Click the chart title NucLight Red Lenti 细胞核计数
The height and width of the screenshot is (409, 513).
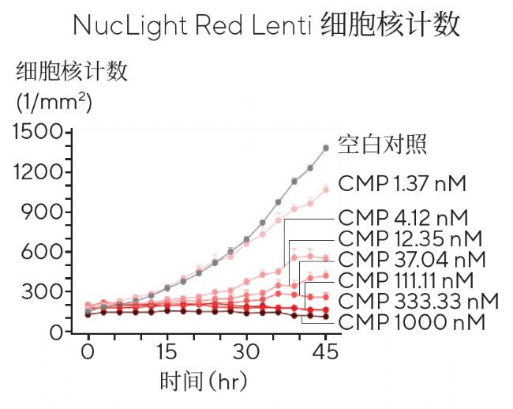point(266,25)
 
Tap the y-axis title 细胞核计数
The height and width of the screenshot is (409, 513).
point(72,73)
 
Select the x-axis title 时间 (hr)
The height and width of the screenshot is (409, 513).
point(204,382)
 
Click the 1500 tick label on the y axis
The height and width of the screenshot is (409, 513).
point(39,132)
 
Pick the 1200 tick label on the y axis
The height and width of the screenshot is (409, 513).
point(39,172)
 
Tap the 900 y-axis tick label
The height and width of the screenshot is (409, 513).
point(45,212)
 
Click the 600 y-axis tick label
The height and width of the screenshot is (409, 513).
point(45,252)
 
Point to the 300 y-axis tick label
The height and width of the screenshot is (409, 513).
point(45,292)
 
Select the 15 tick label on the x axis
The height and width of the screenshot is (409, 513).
point(167,350)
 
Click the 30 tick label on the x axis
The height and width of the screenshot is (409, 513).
point(246,350)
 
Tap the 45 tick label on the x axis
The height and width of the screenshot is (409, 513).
point(325,350)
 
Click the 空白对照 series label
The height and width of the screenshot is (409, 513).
point(383,144)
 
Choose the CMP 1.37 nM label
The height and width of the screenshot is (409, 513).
point(403,184)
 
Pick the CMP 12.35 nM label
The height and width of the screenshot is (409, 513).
point(409,238)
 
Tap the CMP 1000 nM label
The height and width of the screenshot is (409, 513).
point(410,322)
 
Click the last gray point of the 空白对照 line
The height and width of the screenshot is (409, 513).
point(325,148)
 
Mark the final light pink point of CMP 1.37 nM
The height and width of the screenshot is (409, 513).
point(325,189)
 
